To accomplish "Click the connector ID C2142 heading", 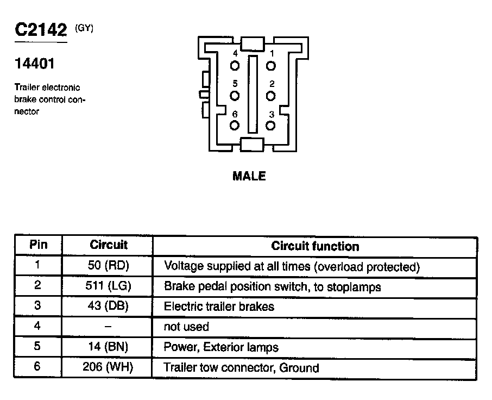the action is [41, 30].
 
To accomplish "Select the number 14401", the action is [34, 64].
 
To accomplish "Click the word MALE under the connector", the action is [249, 176].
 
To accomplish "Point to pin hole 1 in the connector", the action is [270, 66].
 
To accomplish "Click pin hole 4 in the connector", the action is [235, 66].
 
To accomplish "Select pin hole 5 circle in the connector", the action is [235, 96].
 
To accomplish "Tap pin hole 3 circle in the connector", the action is [270, 126].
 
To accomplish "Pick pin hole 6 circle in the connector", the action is [235, 126].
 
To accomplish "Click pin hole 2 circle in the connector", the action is [270, 96].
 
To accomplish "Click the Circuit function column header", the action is [315, 246].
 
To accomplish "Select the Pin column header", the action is [38, 245].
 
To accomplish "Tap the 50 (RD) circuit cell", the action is [108, 266].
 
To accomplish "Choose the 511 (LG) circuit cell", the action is [108, 286].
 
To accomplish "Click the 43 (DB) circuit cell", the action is [108, 306].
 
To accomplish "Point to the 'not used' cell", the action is [186, 327].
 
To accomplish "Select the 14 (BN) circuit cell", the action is [108, 347].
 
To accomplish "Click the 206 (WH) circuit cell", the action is [108, 367].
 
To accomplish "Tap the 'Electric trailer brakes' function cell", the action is [219, 307].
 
